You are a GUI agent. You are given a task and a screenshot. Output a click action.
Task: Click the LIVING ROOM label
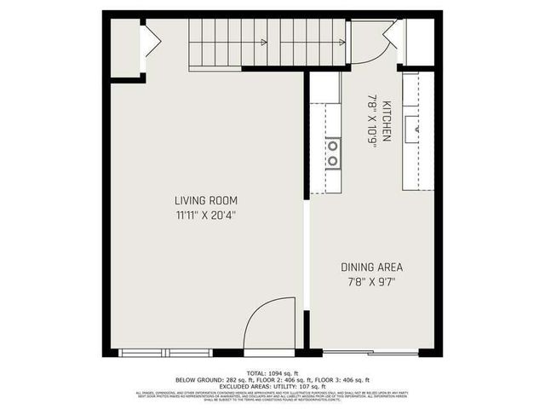point(202,200)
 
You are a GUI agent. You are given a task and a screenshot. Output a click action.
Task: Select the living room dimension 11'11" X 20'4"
point(202,216)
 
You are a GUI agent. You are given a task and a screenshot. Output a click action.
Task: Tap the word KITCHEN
point(386,121)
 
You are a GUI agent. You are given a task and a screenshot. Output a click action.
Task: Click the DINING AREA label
point(371,267)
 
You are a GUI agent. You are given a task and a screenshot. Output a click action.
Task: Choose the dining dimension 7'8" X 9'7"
point(371,282)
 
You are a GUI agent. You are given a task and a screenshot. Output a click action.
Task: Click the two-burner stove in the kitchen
point(333,153)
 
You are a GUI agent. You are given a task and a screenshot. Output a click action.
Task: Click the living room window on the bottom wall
point(167,352)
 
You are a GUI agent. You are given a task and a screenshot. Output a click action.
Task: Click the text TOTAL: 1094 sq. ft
point(272,373)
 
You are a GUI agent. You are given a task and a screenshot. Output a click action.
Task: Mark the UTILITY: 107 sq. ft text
point(292,387)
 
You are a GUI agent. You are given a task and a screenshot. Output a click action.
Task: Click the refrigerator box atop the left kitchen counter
point(324,87)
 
